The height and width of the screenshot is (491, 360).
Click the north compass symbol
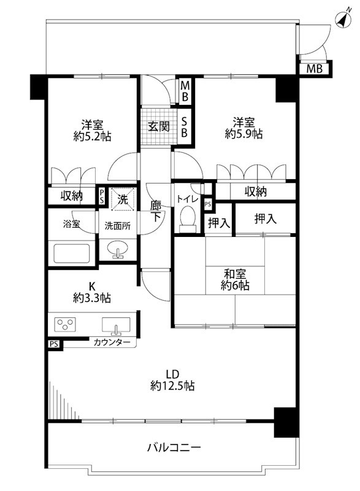343,20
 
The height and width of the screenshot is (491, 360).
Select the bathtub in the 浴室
72,253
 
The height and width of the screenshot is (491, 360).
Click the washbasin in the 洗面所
118,249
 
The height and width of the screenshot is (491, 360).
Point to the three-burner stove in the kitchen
65,324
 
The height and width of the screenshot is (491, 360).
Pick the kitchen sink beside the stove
116,325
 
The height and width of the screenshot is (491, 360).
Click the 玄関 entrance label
159,126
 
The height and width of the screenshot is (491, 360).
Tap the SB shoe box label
184,126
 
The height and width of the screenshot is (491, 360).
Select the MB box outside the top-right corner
315,68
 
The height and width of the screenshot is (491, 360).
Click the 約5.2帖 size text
92,136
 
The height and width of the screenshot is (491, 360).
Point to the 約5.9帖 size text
244,134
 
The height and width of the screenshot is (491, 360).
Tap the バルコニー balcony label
174,447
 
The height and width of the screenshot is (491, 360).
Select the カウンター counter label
112,342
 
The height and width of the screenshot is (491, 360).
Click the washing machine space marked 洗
123,198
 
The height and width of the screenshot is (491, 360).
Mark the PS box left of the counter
54,344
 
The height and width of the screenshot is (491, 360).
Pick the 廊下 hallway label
155,211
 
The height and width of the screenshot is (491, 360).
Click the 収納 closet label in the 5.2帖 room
72,196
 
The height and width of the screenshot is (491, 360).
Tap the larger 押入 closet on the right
266,218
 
